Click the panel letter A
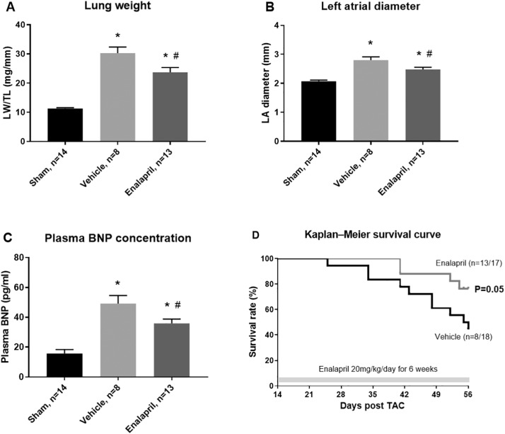tap(9, 8)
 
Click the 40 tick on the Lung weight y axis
tap(37, 25)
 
